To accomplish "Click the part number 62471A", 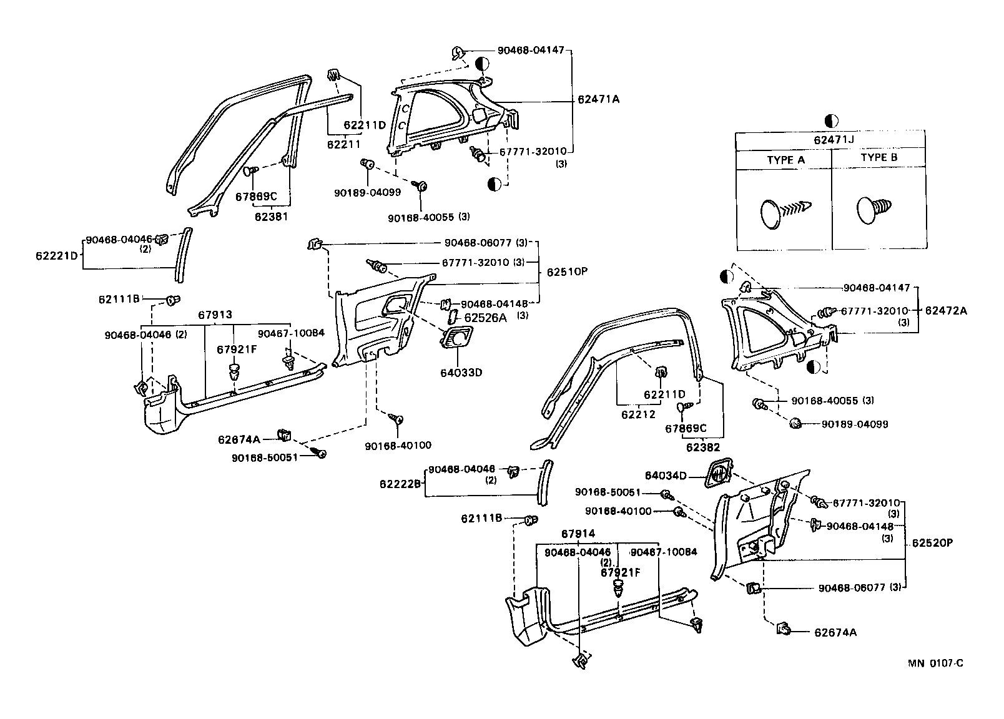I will (x=598, y=99).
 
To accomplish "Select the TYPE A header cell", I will (x=785, y=160).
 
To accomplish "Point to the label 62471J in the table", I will (x=833, y=140).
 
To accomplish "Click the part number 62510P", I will (x=567, y=272).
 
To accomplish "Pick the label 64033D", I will (x=461, y=373).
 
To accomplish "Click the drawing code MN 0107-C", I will (x=935, y=663).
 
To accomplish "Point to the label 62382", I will (x=703, y=447).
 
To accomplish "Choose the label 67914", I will (x=578, y=534).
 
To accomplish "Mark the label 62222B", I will (x=400, y=484).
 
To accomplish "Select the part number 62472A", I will (x=945, y=310).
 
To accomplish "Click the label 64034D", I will (x=666, y=476).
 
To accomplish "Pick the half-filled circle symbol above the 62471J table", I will (x=831, y=120).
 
